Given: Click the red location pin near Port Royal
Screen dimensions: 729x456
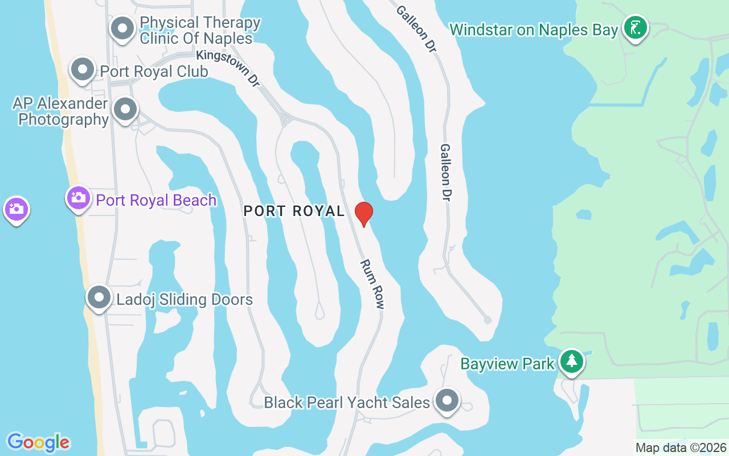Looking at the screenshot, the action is tap(363, 214).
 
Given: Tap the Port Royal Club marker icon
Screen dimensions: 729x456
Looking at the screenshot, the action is tap(83, 70).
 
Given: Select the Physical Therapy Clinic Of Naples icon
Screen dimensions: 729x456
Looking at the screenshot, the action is tap(122, 28).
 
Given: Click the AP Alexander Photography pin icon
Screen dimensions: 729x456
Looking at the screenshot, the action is tap(125, 109).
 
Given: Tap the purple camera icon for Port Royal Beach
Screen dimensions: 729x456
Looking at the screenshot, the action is tap(79, 198).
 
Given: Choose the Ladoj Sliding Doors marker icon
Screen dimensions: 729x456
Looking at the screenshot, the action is tap(100, 298).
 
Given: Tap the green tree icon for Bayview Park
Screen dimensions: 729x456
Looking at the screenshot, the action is tap(571, 361).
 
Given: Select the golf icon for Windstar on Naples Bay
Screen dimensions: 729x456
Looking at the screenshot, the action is tap(635, 27).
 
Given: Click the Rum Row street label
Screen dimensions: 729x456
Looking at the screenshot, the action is tap(372, 284).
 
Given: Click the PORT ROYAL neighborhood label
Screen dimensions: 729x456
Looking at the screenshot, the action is tap(294, 211).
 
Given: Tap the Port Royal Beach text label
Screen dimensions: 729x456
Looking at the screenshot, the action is tap(156, 200).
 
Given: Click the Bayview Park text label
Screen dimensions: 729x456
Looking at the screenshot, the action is tap(507, 364).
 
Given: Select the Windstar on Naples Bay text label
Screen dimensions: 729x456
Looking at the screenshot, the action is tap(534, 30).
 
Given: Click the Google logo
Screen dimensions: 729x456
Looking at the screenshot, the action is tap(38, 442).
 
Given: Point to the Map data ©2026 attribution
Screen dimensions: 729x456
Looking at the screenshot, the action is tap(681, 448).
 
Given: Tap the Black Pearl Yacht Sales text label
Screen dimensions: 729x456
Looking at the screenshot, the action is tap(346, 402).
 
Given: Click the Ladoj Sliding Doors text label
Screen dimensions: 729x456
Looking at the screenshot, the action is tap(185, 299).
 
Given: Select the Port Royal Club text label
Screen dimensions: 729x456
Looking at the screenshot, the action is tap(154, 71).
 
